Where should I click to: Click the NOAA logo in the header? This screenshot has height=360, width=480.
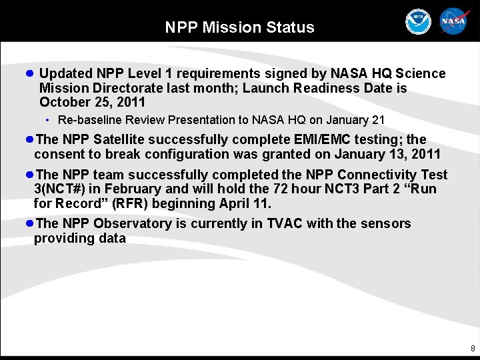click(419, 22)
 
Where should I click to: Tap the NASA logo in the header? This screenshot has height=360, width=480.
click(455, 22)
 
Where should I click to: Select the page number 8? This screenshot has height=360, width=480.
click(473, 349)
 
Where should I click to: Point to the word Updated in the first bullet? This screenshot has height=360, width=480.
click(65, 73)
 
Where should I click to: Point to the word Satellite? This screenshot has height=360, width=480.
click(121, 139)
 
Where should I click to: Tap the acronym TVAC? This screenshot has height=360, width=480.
click(285, 223)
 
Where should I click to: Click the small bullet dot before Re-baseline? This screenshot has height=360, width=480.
click(48, 120)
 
